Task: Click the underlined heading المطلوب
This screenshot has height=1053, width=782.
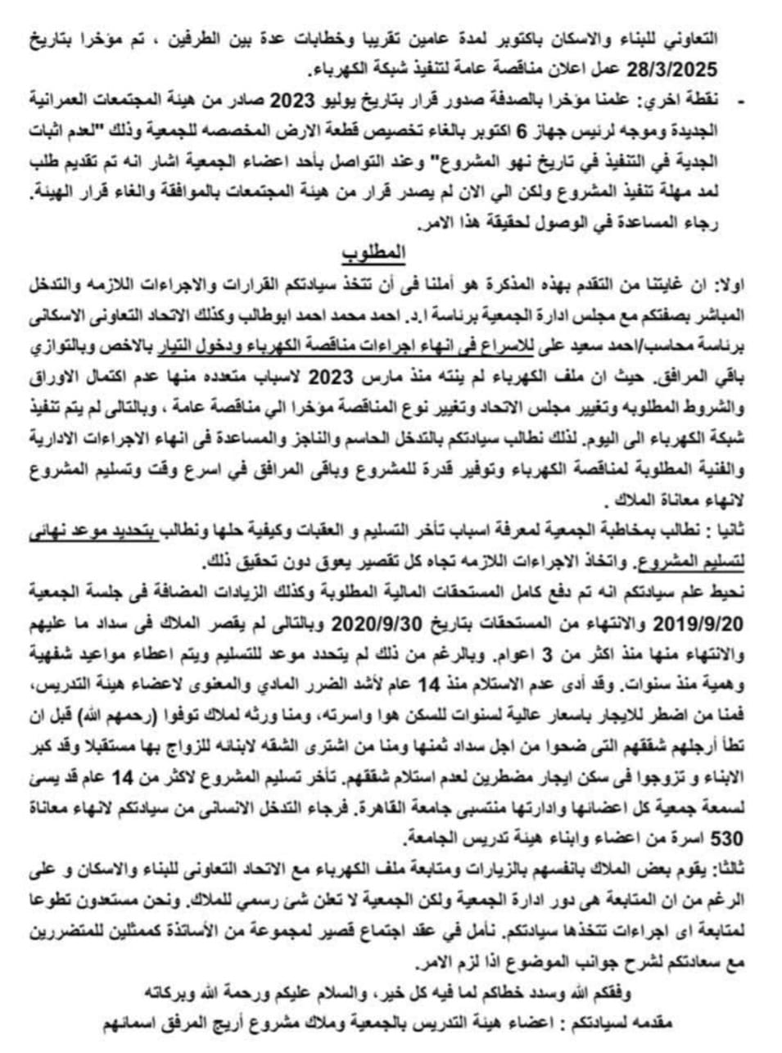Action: pyautogui.click(x=384, y=249)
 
